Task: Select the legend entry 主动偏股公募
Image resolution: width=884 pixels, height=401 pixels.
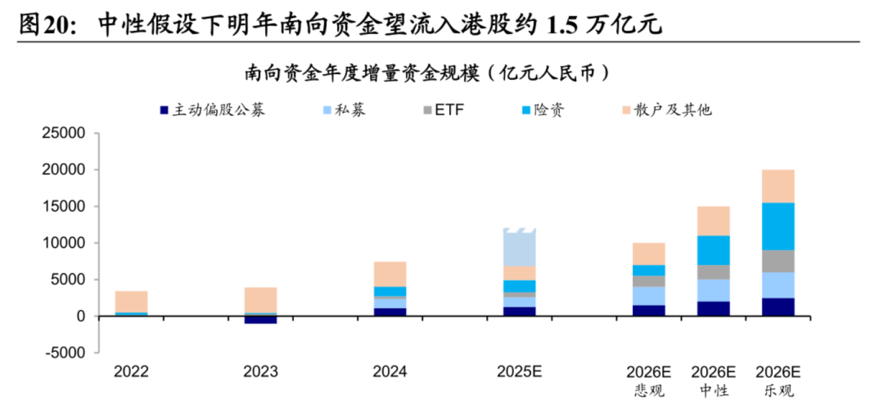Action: pyautogui.click(x=212, y=109)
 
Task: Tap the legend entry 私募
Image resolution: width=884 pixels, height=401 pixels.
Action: pyautogui.click(x=344, y=109)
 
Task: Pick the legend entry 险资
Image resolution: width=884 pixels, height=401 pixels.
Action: pyautogui.click(x=540, y=109)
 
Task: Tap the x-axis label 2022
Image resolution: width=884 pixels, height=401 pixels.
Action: pyautogui.click(x=131, y=372)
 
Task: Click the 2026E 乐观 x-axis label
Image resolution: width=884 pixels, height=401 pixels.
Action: pyautogui.click(x=778, y=381)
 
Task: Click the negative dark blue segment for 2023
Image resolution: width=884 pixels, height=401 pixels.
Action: pyautogui.click(x=261, y=320)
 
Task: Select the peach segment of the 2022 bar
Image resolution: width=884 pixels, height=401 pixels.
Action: pyautogui.click(x=131, y=301)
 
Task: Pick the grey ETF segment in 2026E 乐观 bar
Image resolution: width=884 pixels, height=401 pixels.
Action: pyautogui.click(x=778, y=261)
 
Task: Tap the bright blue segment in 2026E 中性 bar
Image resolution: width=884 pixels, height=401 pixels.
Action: pyautogui.click(x=713, y=250)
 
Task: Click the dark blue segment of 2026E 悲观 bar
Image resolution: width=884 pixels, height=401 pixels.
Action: pyautogui.click(x=649, y=311)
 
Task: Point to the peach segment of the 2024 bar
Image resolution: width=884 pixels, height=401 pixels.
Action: pyautogui.click(x=390, y=274)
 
